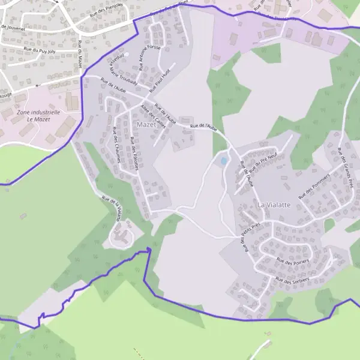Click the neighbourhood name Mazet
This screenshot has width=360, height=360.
point(146,125)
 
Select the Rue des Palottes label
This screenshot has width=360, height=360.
point(134,154)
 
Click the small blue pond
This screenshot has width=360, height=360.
point(223,161)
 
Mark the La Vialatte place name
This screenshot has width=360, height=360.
point(274,205)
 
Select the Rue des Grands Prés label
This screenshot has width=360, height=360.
point(344,167)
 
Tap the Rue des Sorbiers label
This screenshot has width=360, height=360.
point(292,280)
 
